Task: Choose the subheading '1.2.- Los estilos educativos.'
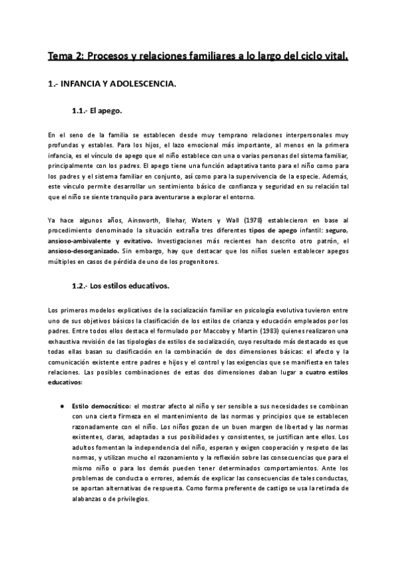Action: [x=120, y=286]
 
